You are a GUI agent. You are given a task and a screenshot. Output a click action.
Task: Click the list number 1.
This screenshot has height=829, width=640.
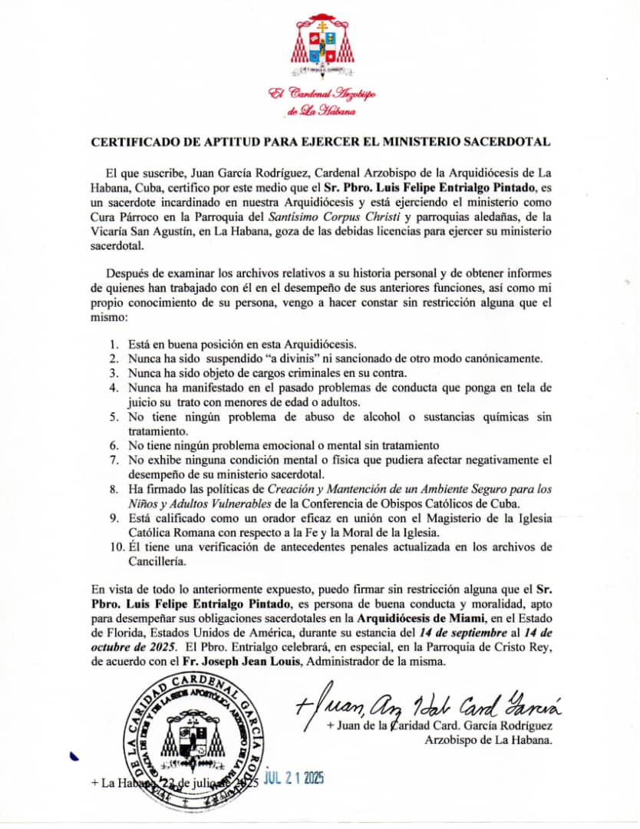click(113, 343)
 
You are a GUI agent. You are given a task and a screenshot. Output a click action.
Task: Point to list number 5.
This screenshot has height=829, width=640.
click(113, 418)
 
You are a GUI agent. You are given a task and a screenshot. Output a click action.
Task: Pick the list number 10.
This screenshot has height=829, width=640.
click(115, 547)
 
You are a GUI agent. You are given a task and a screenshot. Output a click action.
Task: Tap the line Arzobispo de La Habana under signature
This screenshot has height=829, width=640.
click(488, 740)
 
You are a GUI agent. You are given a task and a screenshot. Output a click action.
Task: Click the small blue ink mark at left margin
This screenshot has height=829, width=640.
click(74, 758)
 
